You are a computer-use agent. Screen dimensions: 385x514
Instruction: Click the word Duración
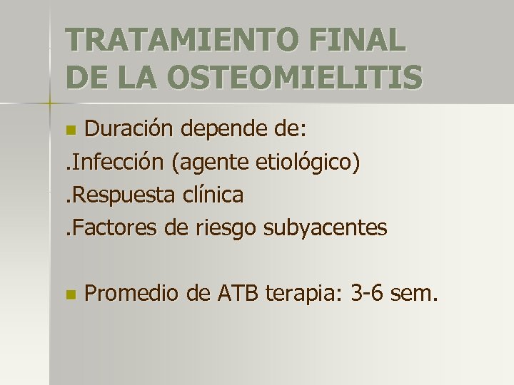point(130,129)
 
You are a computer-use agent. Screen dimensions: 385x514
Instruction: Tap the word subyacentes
point(326,228)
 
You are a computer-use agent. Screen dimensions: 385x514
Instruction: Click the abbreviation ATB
point(233,293)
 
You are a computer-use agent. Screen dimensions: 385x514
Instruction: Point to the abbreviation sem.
point(414,293)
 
